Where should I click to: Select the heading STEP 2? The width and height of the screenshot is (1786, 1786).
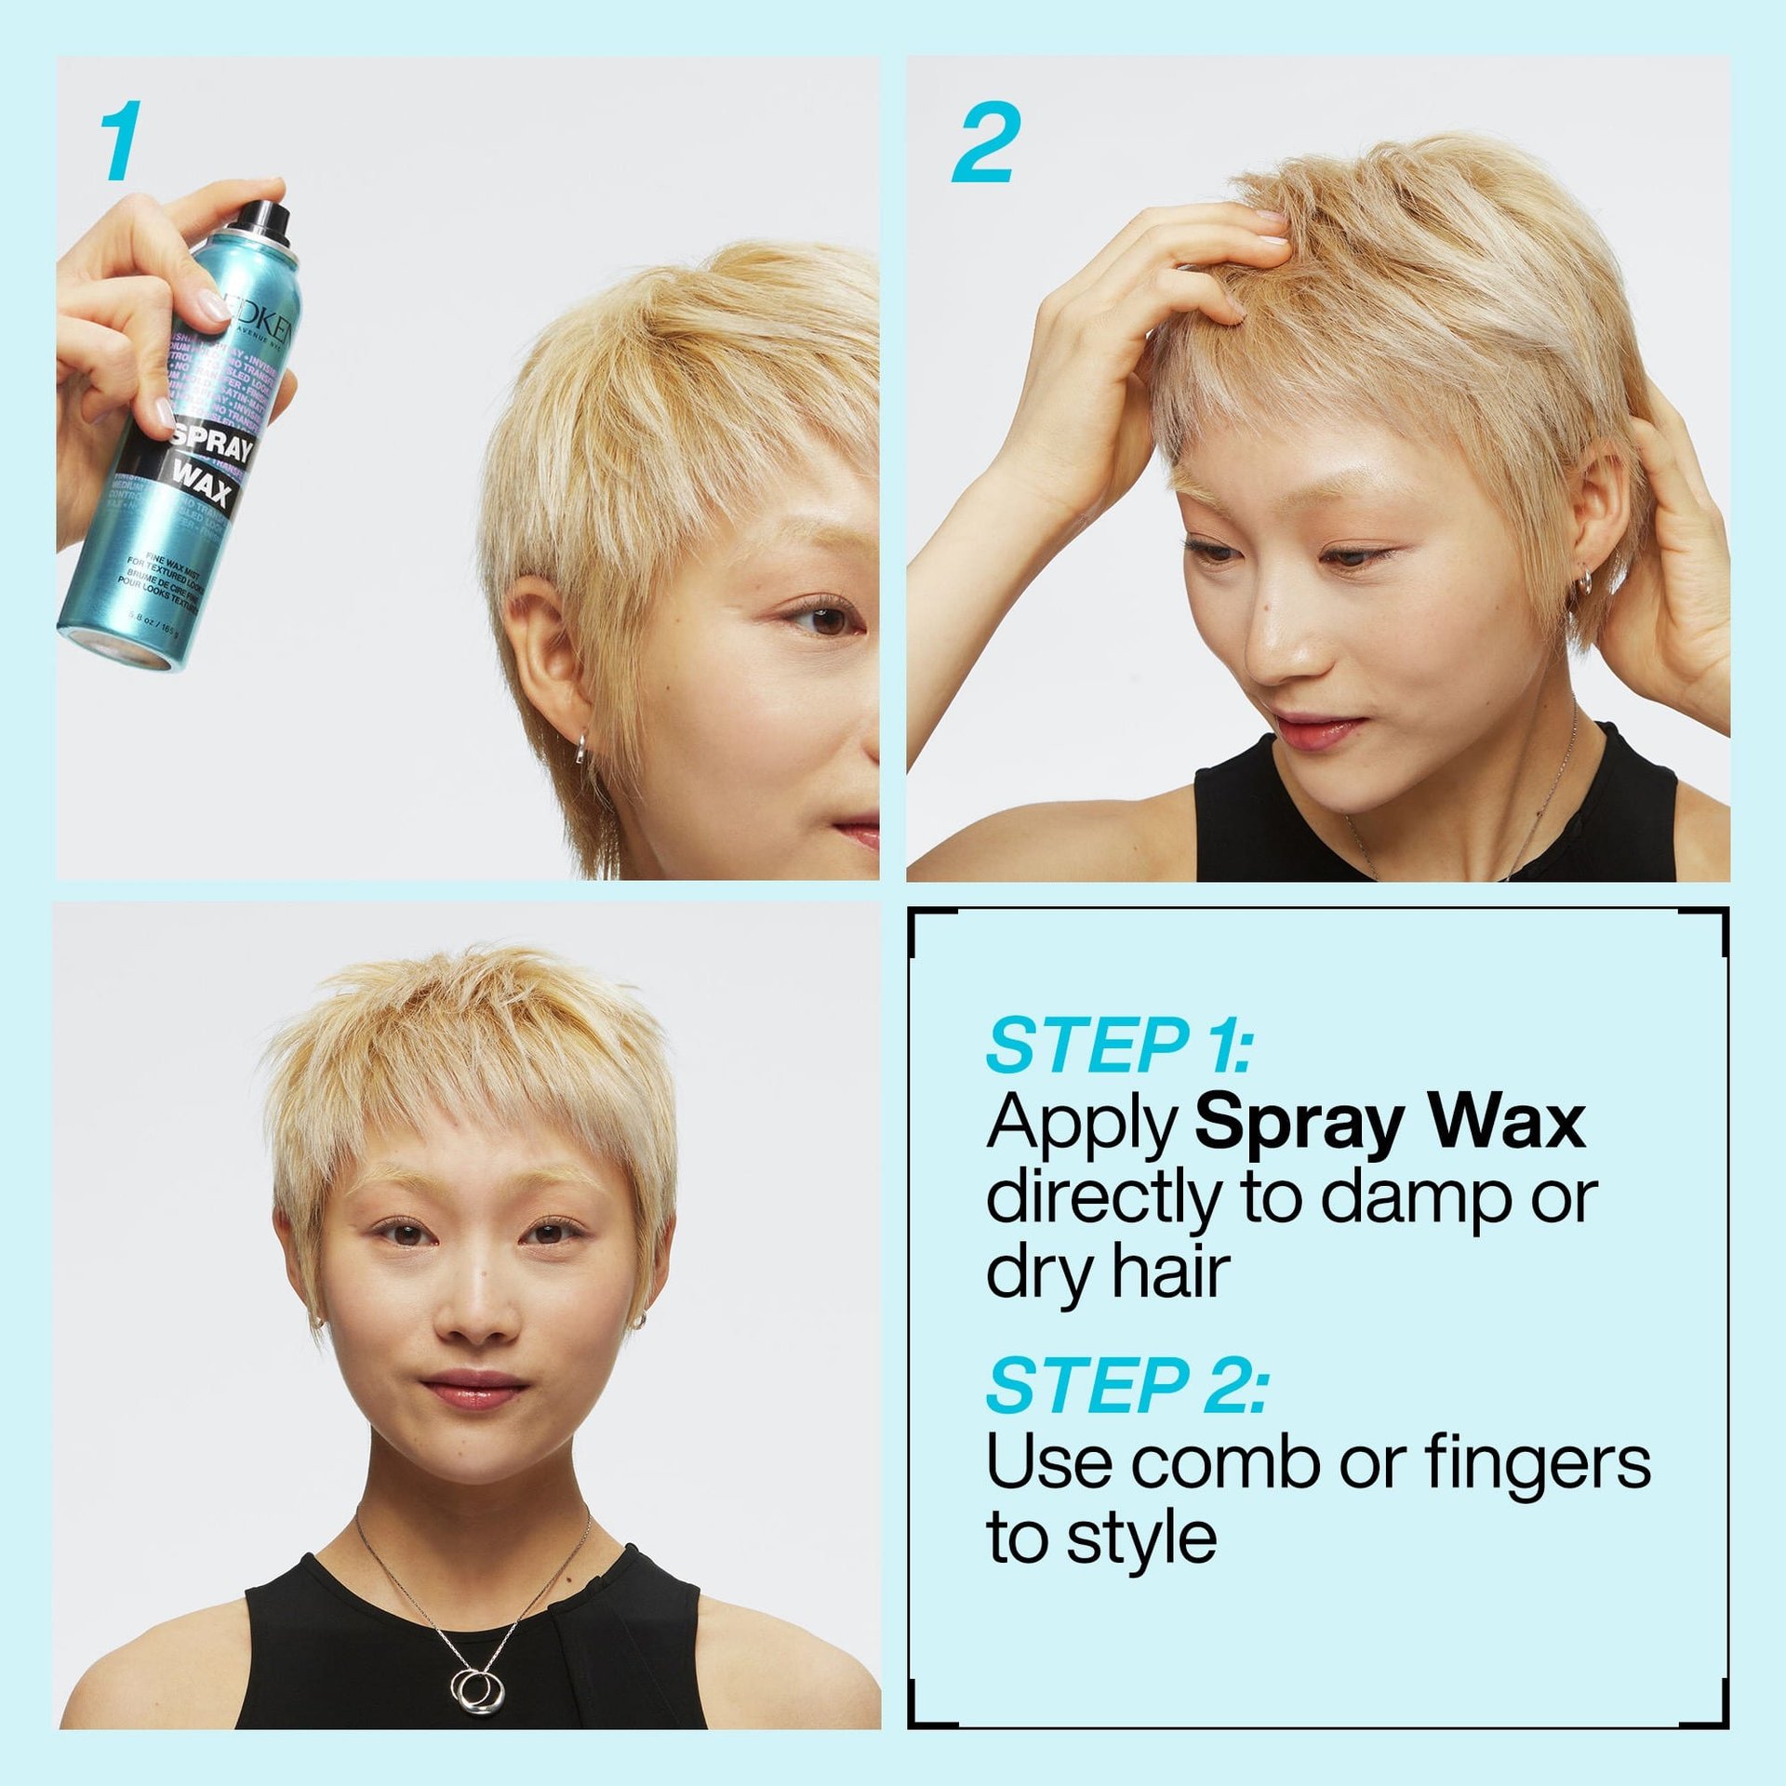1126,1387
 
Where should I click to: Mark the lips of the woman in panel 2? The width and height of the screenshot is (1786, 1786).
1319,727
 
